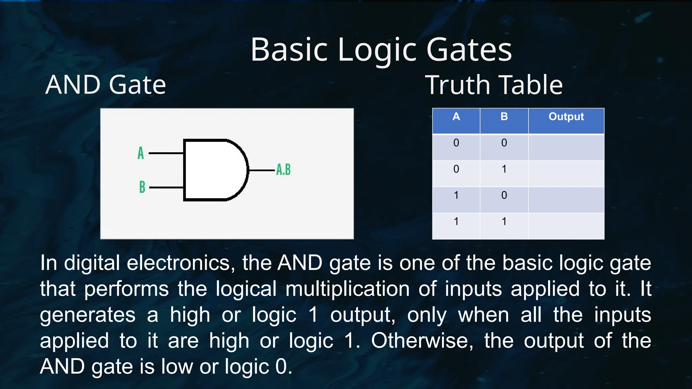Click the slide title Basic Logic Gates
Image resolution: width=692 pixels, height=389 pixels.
tap(381, 50)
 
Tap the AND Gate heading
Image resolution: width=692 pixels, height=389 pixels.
tap(105, 85)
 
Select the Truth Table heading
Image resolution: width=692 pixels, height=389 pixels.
tap(494, 85)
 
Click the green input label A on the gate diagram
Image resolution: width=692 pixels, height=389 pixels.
tap(141, 153)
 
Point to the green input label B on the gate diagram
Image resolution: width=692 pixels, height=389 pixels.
tap(142, 187)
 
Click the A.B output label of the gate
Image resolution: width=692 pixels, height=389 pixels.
tap(283, 170)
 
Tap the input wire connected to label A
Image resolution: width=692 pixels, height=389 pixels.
tap(166, 153)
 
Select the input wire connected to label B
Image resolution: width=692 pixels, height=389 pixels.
tap(166, 187)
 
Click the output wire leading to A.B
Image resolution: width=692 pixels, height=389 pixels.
tap(262, 170)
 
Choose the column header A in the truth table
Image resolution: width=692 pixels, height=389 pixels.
tap(456, 117)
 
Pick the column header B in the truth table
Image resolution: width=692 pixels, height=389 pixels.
tap(504, 117)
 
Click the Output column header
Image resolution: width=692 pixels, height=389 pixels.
tap(566, 117)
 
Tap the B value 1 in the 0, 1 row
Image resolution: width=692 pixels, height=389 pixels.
tap(504, 169)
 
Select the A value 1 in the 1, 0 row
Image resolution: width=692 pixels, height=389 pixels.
tap(456, 195)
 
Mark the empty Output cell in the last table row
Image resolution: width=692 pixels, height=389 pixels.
tap(566, 226)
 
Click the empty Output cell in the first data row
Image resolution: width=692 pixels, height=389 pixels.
tap(566, 147)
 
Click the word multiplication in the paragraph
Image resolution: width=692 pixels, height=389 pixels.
tap(347, 289)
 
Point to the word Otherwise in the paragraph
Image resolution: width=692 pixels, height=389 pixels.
tap(422, 340)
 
